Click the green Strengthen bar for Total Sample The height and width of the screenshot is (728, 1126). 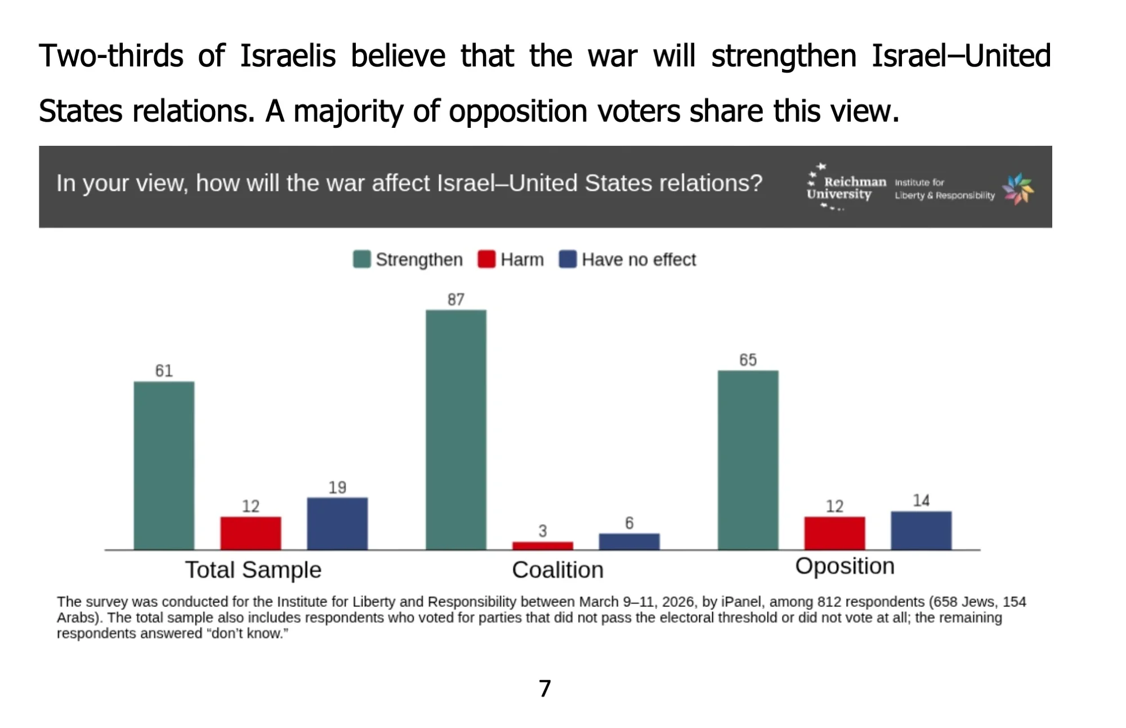(164, 465)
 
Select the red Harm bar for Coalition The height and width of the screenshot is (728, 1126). (542, 545)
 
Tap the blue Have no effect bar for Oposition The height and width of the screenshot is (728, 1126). (921, 530)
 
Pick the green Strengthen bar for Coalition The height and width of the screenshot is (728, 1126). (455, 429)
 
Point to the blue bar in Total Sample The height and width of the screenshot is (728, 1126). (337, 523)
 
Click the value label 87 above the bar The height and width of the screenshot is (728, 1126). (455, 300)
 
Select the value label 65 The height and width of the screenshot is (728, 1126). (748, 360)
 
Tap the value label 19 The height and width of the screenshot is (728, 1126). (337, 488)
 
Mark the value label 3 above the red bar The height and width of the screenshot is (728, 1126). (542, 531)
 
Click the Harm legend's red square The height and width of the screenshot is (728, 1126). (486, 260)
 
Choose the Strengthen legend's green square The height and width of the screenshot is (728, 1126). (361, 260)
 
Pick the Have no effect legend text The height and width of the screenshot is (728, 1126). (638, 260)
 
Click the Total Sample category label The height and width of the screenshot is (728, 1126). (253, 570)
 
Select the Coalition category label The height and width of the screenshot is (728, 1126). (557, 570)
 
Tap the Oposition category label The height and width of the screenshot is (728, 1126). (844, 566)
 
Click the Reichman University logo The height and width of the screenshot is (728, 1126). (844, 187)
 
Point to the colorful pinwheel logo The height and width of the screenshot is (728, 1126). (1018, 189)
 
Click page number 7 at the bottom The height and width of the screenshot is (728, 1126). (544, 689)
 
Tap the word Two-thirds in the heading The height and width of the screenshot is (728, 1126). (111, 56)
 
